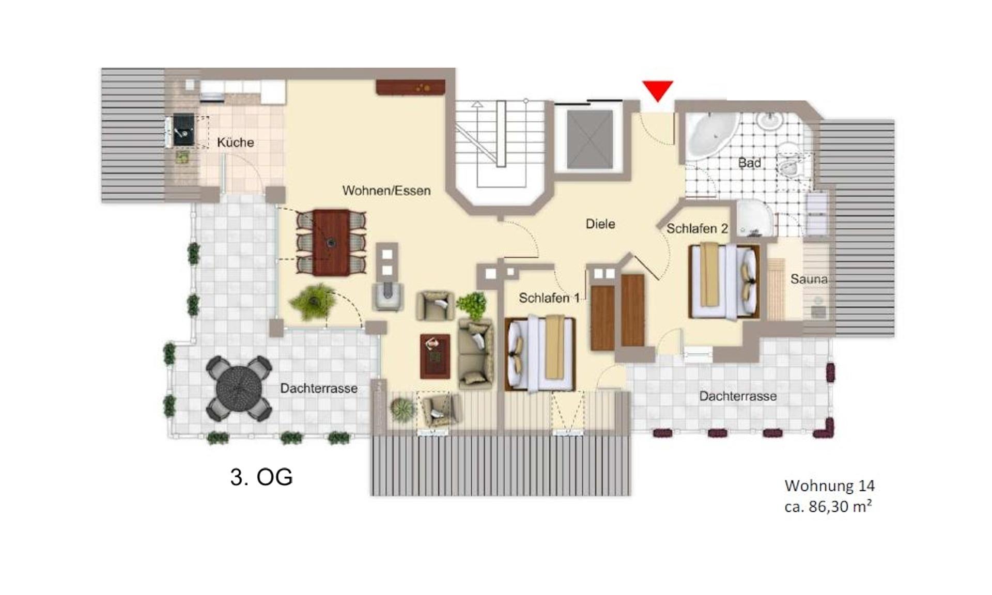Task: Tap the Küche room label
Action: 235,143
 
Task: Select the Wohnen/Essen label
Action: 386,191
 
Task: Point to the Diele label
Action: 600,224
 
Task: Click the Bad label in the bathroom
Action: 749,163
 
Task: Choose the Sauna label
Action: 809,279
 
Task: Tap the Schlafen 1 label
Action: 549,298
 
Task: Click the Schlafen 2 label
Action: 697,228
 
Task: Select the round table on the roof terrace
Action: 239,388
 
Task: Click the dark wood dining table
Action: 331,242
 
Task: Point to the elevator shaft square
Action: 590,139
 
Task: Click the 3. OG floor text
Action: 261,477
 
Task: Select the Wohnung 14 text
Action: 829,486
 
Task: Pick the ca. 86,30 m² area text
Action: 828,507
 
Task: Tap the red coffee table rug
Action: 435,356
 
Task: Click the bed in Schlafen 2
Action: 725,281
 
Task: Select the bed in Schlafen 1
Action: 540,354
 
